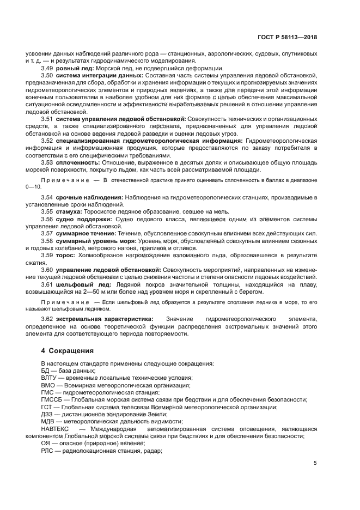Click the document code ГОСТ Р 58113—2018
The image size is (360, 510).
click(288, 38)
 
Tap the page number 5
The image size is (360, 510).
click(315, 463)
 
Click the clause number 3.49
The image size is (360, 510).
click(47, 68)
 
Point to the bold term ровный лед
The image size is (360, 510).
click(75, 68)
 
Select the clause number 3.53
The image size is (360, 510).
click(47, 162)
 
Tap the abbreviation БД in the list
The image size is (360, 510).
click(45, 371)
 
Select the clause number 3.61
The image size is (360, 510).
click(47, 284)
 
